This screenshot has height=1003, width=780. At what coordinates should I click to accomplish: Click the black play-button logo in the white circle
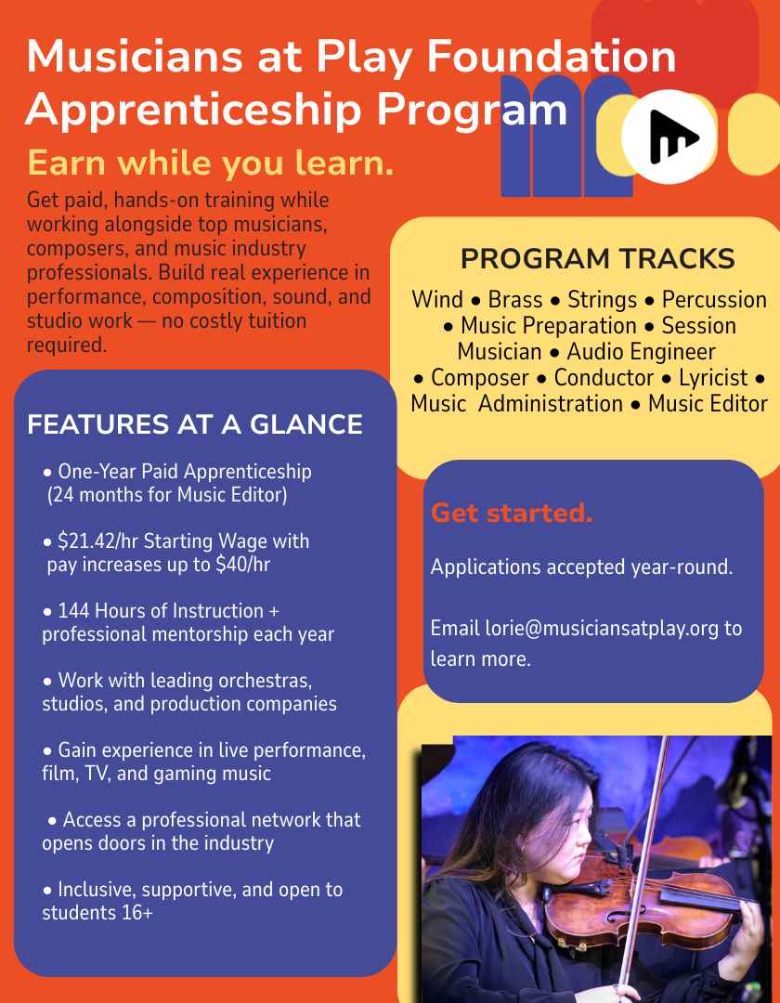coord(672,137)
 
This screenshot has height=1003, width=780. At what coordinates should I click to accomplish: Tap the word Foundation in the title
coord(552,56)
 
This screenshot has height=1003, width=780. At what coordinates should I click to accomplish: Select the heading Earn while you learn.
coord(211,163)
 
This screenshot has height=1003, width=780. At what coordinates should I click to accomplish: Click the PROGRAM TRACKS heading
coord(597,259)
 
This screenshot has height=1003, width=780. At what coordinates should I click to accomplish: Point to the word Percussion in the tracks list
coord(714,299)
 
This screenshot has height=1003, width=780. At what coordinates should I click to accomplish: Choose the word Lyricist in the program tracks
coord(713,377)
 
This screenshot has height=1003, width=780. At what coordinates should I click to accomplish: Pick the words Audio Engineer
coord(642,351)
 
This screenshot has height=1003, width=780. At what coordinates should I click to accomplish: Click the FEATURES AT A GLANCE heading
coord(195,424)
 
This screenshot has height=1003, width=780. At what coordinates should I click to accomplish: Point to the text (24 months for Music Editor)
coord(167,495)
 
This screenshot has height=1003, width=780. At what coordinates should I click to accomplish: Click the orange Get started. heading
coord(512,513)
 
